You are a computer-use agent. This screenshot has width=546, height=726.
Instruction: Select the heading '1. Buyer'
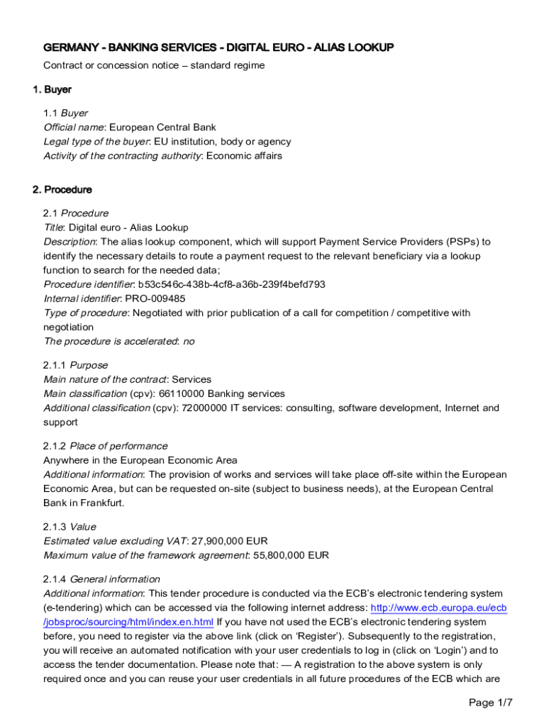[52, 90]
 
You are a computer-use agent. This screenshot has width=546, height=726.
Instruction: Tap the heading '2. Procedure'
[62, 190]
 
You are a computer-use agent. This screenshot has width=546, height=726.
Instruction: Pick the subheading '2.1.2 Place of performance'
[106, 446]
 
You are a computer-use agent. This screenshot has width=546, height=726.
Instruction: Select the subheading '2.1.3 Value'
[70, 527]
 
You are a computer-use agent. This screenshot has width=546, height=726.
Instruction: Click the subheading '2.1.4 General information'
[102, 579]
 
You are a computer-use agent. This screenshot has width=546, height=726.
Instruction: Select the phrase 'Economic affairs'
[243, 156]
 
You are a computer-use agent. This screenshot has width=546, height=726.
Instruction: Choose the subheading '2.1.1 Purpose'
[76, 365]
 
